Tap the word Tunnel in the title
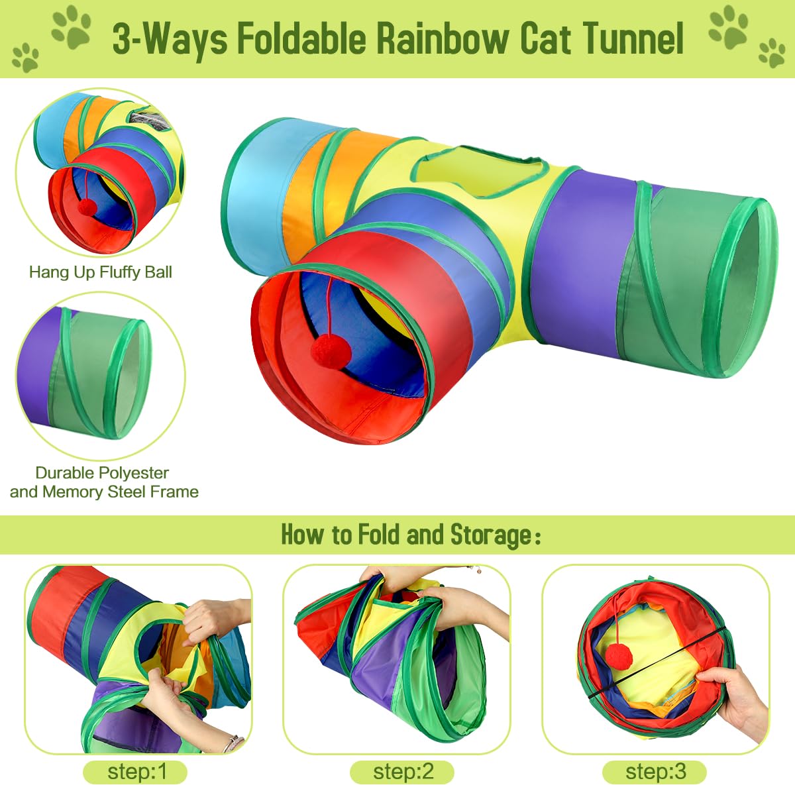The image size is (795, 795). tap(633, 38)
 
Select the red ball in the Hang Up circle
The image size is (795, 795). tap(87, 207)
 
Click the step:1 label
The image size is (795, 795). tap(135, 772)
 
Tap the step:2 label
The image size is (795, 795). tap(403, 772)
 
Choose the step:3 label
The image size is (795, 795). tap(655, 772)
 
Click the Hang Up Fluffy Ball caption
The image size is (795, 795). tap(101, 272)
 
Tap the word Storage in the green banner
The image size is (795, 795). tap(490, 535)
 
